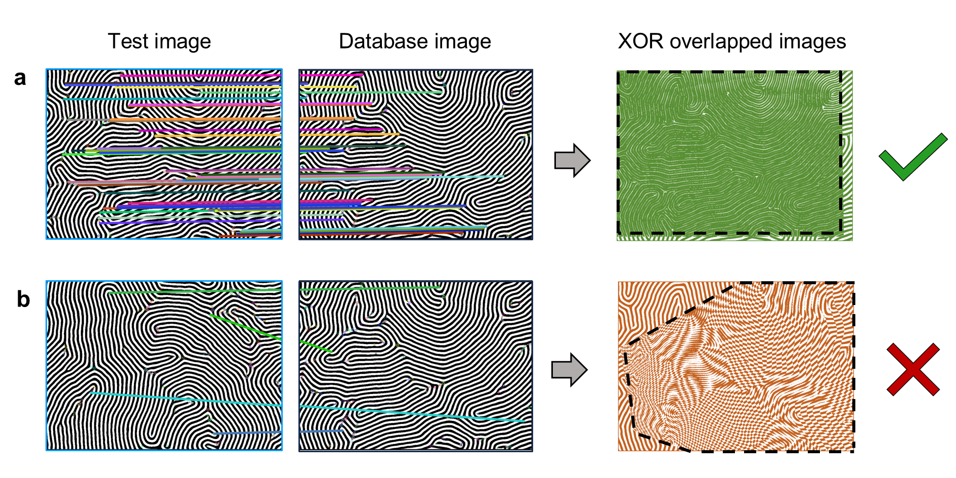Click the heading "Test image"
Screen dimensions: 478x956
(x=159, y=41)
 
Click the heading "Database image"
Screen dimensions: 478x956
(x=415, y=41)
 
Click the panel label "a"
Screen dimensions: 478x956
(x=20, y=78)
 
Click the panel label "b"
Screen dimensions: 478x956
(x=23, y=299)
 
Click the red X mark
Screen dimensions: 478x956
(x=913, y=369)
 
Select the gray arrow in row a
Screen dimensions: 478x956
(x=572, y=160)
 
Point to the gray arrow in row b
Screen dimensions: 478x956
(x=569, y=370)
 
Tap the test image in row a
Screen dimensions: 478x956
(x=164, y=154)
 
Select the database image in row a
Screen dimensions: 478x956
(x=415, y=154)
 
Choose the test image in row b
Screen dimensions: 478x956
(x=164, y=366)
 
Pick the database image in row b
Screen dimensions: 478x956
(x=415, y=366)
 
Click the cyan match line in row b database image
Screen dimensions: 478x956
(x=412, y=413)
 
